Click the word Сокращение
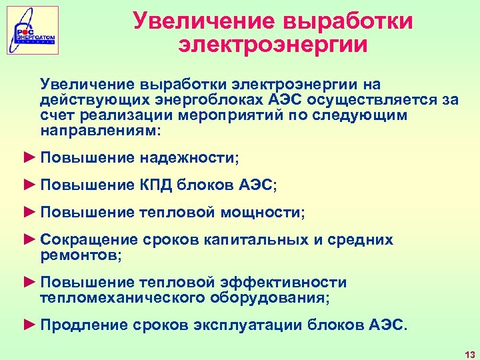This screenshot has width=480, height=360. coord(89,239)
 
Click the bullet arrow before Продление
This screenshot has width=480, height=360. coord(29,325)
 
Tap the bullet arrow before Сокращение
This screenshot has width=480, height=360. coord(29,239)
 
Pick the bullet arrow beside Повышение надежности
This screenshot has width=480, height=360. coord(29,157)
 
